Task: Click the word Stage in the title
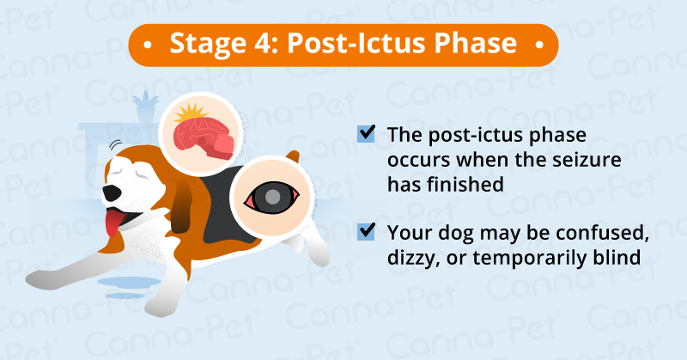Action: [x=200, y=43]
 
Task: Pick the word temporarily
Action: [x=523, y=256]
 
